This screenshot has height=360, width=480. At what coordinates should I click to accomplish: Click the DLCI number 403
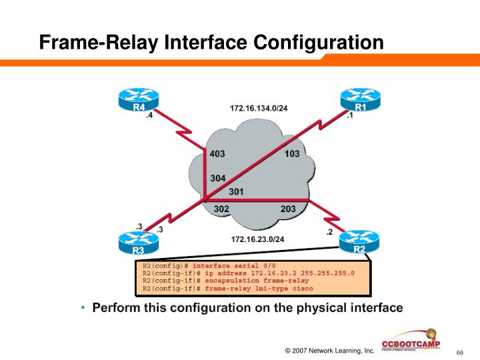(x=217, y=154)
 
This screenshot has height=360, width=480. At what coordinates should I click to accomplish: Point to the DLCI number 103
(x=291, y=154)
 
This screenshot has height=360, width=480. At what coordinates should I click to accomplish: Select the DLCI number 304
(x=217, y=178)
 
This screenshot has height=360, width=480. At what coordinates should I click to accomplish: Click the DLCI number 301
(x=236, y=192)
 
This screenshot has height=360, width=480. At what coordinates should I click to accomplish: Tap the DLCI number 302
(x=222, y=209)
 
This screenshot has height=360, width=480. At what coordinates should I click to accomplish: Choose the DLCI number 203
(x=288, y=209)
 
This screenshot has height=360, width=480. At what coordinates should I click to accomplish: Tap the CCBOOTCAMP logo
(x=408, y=341)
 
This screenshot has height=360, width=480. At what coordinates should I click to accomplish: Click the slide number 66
(x=459, y=352)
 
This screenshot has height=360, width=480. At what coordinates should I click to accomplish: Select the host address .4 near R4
(x=149, y=116)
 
